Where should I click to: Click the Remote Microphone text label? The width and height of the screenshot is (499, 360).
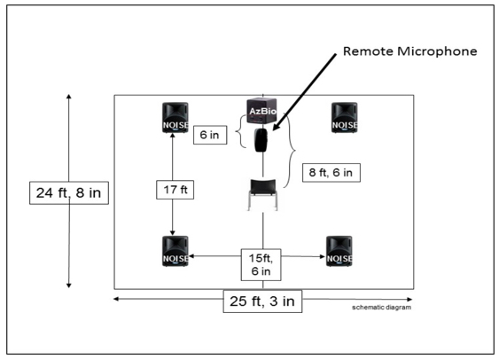click(x=409, y=51)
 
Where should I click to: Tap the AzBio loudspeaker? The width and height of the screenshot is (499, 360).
click(x=262, y=111)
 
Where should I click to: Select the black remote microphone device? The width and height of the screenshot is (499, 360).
click(x=261, y=140)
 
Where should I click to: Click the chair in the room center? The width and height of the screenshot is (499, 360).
click(x=262, y=194)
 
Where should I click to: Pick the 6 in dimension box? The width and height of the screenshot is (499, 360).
click(x=210, y=135)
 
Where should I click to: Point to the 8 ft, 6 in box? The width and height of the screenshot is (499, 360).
click(x=331, y=173)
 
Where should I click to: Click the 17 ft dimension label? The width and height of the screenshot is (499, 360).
click(x=175, y=190)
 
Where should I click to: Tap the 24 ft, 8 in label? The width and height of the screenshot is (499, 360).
click(x=69, y=193)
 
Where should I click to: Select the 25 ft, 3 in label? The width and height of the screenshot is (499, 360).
click(x=262, y=301)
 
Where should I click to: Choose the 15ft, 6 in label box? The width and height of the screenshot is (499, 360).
click(x=261, y=264)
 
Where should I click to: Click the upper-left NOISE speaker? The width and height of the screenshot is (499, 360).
click(x=175, y=117)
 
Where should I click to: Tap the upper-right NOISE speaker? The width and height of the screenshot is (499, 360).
click(x=344, y=117)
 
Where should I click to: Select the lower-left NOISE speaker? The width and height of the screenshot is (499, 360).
click(x=175, y=251)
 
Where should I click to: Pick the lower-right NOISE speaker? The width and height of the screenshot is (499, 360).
click(x=339, y=251)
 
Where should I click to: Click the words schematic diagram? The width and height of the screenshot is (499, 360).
click(x=381, y=307)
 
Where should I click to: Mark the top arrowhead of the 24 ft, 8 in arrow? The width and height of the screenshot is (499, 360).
click(x=69, y=97)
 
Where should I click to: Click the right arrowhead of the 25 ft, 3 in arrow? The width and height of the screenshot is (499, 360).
click(x=409, y=299)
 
